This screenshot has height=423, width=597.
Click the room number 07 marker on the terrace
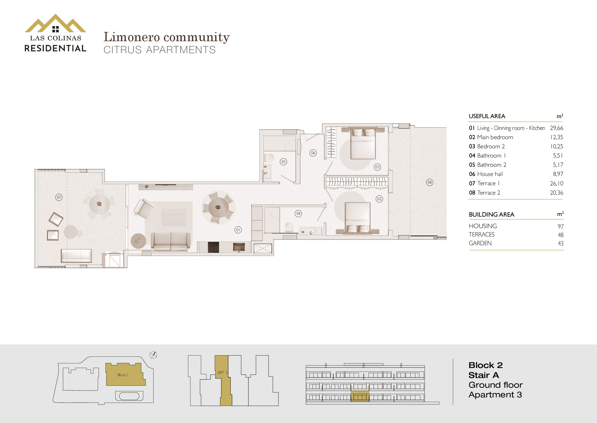point(59,197)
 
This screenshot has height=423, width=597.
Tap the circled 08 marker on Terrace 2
point(430,182)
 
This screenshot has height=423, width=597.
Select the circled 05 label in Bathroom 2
point(283,162)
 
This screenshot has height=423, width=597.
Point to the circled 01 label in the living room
point(238,230)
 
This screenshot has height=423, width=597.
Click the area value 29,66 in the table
point(556,128)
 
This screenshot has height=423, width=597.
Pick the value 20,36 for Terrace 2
point(556,193)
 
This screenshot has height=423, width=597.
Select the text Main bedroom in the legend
point(495,137)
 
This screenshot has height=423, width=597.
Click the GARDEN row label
point(480,243)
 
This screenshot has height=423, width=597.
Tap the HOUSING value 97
point(561,226)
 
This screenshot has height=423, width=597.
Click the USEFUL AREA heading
point(487,116)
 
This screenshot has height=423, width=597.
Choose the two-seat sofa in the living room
point(170,241)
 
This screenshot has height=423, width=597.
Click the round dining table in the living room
point(218,208)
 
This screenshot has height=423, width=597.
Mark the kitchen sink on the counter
point(239,247)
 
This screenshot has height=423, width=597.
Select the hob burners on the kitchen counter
point(213,247)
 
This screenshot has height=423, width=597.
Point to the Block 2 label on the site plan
point(123,375)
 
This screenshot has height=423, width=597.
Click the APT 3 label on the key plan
point(223,372)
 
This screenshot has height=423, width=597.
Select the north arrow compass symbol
point(154,355)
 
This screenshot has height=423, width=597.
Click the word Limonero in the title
point(132,37)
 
